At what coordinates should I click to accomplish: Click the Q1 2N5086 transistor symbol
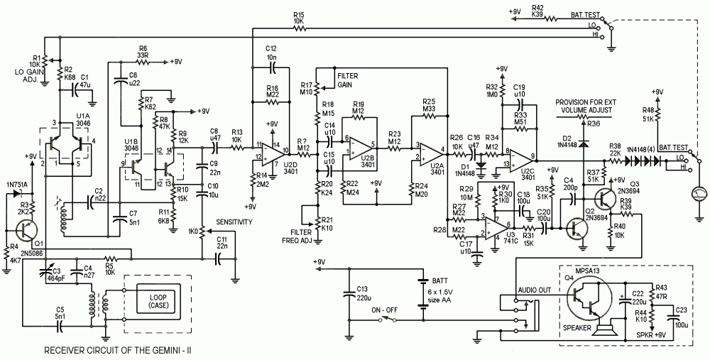click(x=27, y=229)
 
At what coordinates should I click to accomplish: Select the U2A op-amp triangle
click(x=428, y=150)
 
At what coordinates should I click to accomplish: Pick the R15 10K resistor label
click(x=297, y=18)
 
